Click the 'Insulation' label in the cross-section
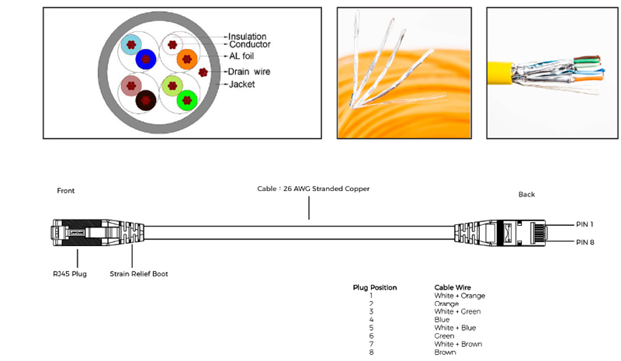(x=247, y=36)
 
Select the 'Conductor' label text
(x=248, y=45)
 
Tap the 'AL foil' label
(x=241, y=56)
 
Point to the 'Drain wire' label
(x=248, y=71)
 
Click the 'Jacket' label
(x=241, y=84)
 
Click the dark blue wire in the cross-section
(x=146, y=59)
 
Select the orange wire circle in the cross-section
(x=187, y=58)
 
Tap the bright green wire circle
(x=186, y=99)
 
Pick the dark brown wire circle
(x=146, y=99)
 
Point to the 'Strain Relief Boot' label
(x=139, y=273)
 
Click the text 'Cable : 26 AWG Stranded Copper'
(x=314, y=189)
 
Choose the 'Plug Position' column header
(x=375, y=287)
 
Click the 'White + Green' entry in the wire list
(x=457, y=311)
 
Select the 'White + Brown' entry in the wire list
(x=458, y=344)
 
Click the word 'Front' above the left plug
(x=66, y=190)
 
